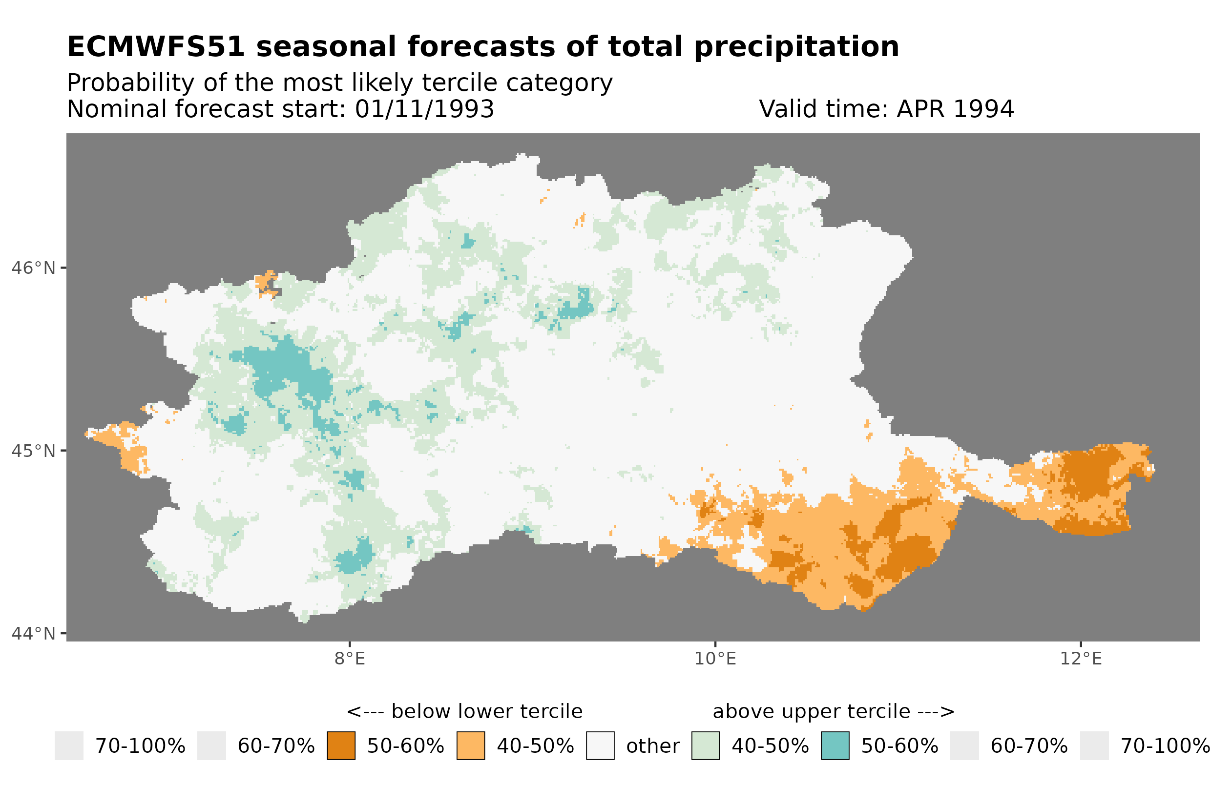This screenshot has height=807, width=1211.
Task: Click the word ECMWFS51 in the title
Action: (x=155, y=47)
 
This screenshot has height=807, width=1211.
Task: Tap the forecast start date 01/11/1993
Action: (x=424, y=109)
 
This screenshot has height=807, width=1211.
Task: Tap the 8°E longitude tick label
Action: (x=350, y=659)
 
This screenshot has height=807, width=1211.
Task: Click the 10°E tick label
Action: (x=715, y=659)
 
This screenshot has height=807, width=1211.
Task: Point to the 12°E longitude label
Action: (x=1080, y=659)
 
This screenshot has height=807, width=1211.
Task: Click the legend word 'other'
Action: (x=652, y=746)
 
